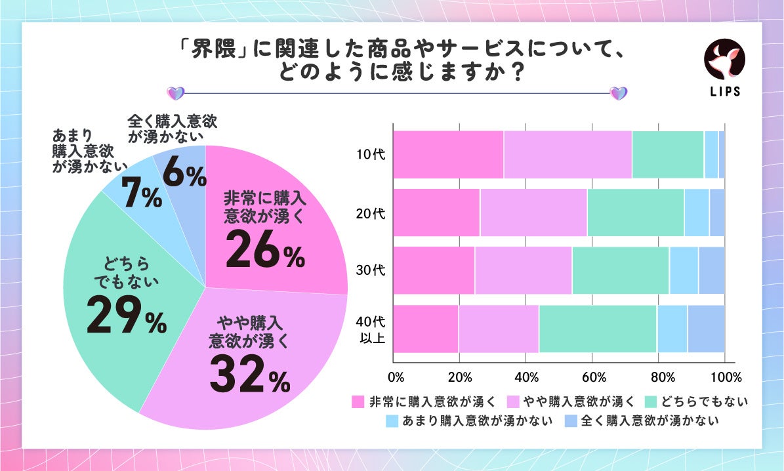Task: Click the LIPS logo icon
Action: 724,60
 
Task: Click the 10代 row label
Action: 369,155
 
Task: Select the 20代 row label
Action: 369,213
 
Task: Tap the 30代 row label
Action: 369,271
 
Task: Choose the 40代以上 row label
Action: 369,329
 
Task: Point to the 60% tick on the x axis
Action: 594,378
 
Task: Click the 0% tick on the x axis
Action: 396,378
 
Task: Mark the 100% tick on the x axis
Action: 725,378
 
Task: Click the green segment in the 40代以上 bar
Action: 598,329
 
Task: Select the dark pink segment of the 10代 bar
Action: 448,154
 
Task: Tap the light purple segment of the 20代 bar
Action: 533,213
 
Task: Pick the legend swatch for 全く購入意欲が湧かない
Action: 571,420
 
